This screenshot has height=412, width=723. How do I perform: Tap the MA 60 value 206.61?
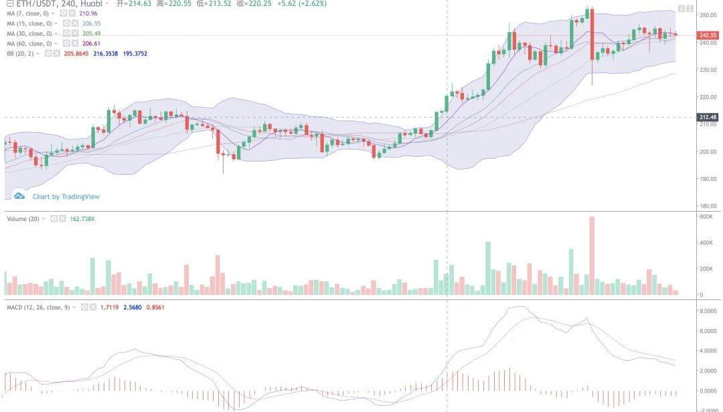[91, 44]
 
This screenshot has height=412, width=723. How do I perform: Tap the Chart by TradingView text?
[66, 197]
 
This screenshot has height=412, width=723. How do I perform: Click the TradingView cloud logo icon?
[19, 196]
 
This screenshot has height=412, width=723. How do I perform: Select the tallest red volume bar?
[592, 255]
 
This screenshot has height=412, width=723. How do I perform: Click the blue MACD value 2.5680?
[133, 307]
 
